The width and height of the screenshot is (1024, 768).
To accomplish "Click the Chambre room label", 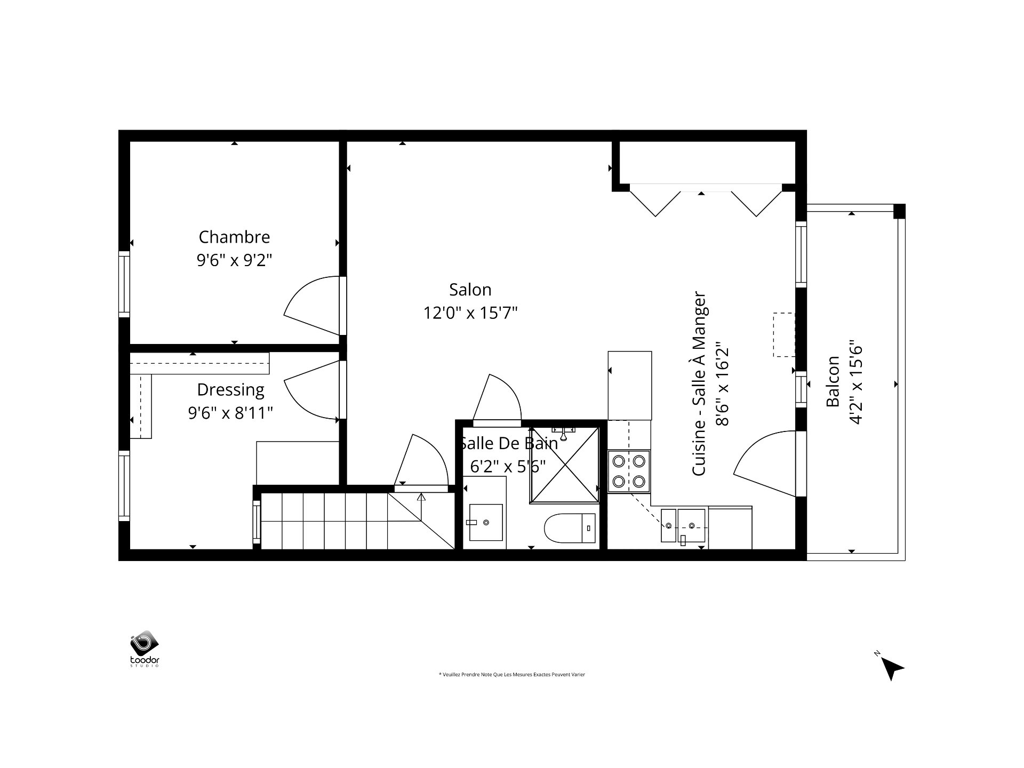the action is coord(234,237).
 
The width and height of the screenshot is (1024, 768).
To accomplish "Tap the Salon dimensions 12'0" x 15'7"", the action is coord(470,313).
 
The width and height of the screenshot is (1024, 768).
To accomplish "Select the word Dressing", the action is coord(230,390).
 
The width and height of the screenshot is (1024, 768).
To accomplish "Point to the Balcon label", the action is coord(833,381).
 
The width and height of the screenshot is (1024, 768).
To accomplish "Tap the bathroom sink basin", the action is coord(485,522).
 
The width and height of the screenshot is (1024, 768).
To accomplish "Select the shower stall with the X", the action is coord(565,465).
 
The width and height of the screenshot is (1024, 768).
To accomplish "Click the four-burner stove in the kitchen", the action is coord(629,471).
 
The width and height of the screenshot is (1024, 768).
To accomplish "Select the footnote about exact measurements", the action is coord(511,675).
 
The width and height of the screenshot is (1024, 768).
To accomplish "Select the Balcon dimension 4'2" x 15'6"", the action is coord(855,382).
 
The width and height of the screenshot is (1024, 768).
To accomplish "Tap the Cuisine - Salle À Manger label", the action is coord(699,384).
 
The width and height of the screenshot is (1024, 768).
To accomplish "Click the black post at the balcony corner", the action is coord(899,211).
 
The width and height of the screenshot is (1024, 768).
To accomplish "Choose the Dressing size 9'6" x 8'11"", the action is coord(230,413).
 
